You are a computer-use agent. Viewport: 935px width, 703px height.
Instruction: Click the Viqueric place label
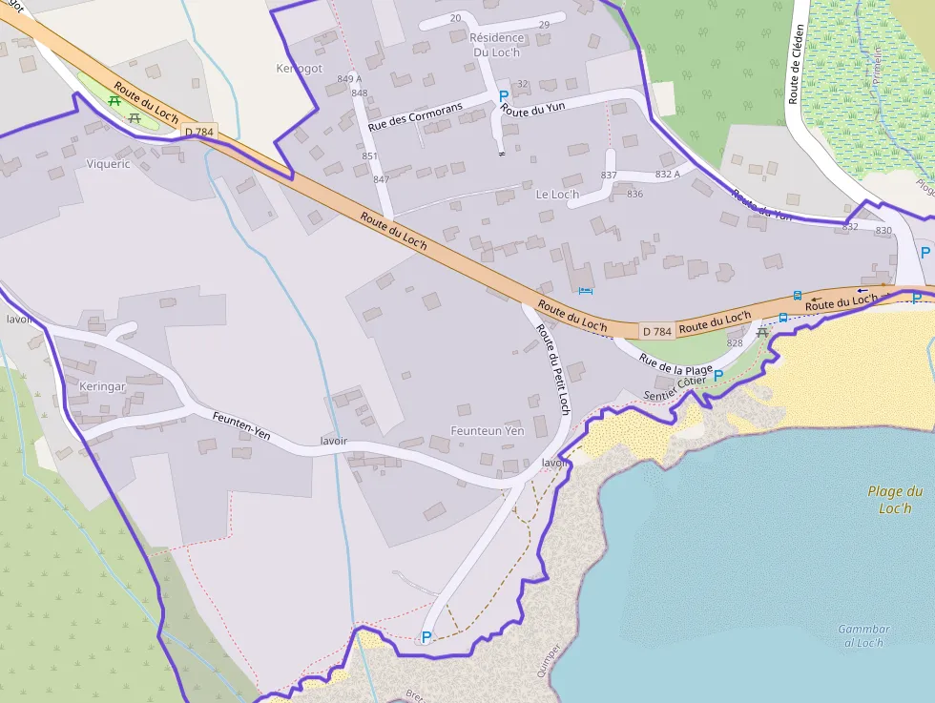coord(108,164)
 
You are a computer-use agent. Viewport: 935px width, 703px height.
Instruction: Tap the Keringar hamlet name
coord(102,387)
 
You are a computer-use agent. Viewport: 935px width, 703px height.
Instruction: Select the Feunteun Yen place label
coord(488,431)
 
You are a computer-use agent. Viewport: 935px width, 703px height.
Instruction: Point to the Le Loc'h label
coord(557,195)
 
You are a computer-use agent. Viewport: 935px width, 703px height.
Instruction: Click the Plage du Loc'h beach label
coord(895,500)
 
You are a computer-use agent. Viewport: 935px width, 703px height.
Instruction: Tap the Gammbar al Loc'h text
coord(863,635)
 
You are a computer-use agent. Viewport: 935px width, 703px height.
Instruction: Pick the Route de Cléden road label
coord(796,63)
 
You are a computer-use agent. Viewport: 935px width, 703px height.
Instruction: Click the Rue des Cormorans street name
coord(415,116)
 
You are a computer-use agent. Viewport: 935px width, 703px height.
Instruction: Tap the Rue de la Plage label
coord(676,364)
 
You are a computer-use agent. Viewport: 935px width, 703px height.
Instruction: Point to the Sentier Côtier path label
coord(675,388)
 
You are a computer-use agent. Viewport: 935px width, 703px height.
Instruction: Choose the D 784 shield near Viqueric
coord(200,131)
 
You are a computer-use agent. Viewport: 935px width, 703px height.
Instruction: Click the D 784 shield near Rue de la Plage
coord(657,331)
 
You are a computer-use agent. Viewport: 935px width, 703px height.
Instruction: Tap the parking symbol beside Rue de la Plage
coord(718,376)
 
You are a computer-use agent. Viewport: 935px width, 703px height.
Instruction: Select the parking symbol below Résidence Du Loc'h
coord(504,96)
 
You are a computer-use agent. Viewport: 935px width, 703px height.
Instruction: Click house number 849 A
coord(350,78)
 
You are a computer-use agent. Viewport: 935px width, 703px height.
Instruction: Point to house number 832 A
coord(668,174)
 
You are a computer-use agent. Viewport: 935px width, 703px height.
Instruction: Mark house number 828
coord(735,342)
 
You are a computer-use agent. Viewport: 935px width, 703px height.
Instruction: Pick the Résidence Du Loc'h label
coord(496,45)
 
